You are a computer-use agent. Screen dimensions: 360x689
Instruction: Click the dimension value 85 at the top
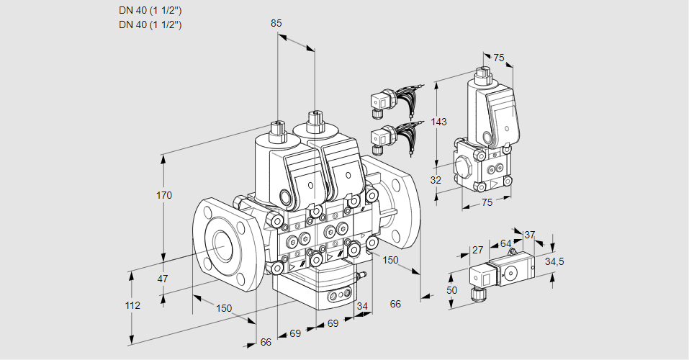276,23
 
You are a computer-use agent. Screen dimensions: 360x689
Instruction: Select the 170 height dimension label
165,196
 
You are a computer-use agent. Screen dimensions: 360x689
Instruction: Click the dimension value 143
438,122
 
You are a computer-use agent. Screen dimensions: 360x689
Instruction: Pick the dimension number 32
435,180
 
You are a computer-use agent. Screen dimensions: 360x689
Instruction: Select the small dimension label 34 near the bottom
362,307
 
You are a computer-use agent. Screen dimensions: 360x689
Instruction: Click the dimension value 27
477,250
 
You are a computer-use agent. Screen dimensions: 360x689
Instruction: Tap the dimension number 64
505,243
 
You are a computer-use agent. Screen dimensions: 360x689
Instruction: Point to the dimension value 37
530,235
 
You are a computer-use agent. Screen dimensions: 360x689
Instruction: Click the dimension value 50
451,290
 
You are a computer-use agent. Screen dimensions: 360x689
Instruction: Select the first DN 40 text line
150,11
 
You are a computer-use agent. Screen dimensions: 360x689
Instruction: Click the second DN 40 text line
150,24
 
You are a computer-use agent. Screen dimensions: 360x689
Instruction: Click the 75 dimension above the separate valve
499,58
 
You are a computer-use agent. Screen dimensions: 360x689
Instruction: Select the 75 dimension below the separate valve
487,203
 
